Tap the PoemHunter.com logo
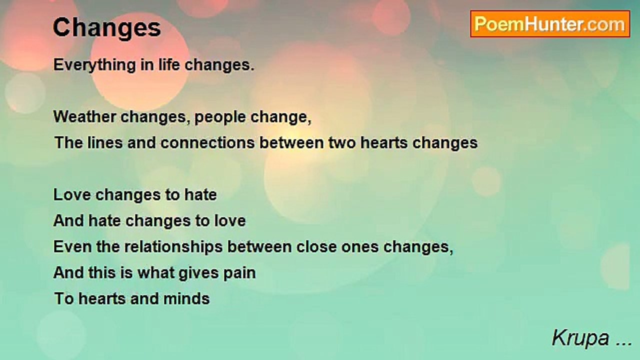[550, 24]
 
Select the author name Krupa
[580, 338]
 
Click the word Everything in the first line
[94, 65]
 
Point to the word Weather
[84, 117]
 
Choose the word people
[220, 117]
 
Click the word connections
[207, 142]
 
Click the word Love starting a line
[72, 195]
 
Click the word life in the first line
[169, 65]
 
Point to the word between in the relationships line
[259, 247]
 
